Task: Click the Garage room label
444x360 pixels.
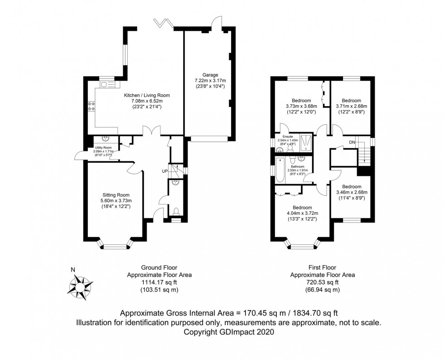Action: (x=210, y=75)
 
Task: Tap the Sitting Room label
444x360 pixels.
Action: (x=116, y=195)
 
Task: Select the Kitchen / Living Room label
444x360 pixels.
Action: (x=147, y=95)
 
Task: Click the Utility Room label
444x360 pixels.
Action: (x=103, y=148)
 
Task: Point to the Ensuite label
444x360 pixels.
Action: (x=288, y=136)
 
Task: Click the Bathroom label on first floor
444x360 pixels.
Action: (x=297, y=167)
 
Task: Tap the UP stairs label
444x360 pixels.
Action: (x=165, y=171)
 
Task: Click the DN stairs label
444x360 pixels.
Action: (x=352, y=142)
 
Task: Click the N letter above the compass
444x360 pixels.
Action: (x=73, y=270)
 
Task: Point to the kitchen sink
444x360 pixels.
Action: (x=107, y=84)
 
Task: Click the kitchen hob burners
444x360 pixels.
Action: (x=91, y=106)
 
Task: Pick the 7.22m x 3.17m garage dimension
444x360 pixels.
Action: (x=210, y=81)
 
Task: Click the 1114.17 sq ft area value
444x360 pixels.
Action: (x=159, y=282)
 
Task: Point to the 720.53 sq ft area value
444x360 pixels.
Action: (x=322, y=282)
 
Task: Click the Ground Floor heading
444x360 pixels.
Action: (x=159, y=268)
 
